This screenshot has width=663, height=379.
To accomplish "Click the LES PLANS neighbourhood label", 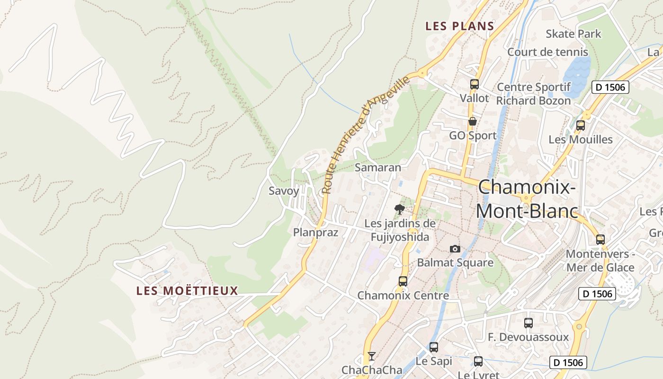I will tap(459, 26).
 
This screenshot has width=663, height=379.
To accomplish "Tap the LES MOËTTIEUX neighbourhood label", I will tap(187, 290).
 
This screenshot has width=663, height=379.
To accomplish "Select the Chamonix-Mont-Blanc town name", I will tap(527, 199).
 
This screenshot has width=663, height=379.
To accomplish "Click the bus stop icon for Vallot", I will tap(474, 84).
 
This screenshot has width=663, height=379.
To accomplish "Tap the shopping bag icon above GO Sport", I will tap(472, 121).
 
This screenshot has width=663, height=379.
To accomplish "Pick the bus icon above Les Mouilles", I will tap(580, 126).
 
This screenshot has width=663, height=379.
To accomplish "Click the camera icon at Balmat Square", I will tap(455, 249).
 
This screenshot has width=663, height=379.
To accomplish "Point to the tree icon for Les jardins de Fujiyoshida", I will tap(400, 209).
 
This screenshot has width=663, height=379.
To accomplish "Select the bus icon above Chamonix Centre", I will tap(403, 281).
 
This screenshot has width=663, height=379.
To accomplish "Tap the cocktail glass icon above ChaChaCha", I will tap(372, 356).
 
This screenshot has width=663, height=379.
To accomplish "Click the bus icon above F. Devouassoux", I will tap(528, 323).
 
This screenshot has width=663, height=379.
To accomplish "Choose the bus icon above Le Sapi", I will tap(433, 347).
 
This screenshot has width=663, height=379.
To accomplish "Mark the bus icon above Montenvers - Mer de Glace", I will tap(600, 239).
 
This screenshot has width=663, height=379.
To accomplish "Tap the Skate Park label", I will tap(573, 34).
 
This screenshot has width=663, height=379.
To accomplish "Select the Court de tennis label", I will tap(547, 52).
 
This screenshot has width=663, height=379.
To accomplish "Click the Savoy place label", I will tap(284, 191).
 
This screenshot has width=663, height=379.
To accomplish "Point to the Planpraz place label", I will tap(315, 232).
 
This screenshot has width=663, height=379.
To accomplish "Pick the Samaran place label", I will tap(377, 167).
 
